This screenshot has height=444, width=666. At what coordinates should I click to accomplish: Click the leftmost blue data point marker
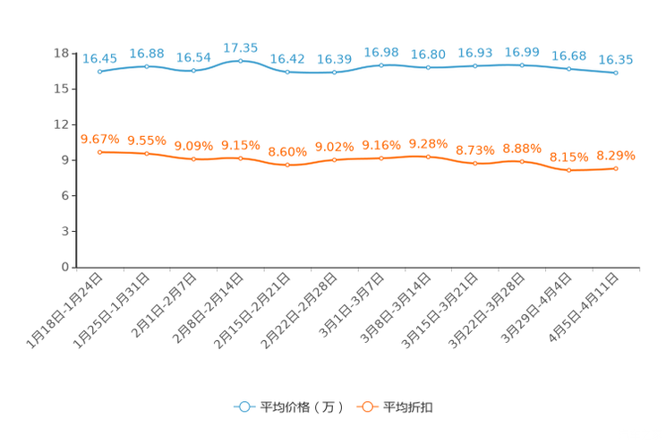click(x=99, y=72)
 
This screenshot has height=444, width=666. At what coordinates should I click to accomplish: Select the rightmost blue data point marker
click(x=616, y=73)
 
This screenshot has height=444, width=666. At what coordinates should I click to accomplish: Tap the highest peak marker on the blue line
click(x=240, y=60)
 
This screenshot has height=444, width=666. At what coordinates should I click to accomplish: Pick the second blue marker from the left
click(x=146, y=66)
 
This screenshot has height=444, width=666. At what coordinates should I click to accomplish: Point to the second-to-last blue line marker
click(x=568, y=68)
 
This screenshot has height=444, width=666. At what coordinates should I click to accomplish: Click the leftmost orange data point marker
click(x=99, y=152)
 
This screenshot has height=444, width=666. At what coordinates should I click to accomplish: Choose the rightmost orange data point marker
click(x=616, y=168)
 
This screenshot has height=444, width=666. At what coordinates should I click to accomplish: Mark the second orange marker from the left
click(x=146, y=154)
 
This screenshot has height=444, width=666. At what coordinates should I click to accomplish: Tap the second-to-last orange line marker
click(x=568, y=170)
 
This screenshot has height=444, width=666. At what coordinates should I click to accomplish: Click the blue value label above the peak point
click(x=240, y=47)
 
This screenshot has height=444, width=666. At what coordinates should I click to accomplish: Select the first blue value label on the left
click(x=99, y=58)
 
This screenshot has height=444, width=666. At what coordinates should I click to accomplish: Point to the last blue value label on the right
click(x=616, y=59)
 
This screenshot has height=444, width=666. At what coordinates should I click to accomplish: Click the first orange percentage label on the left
click(x=99, y=139)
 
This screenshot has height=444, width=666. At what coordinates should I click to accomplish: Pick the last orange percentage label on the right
click(x=616, y=155)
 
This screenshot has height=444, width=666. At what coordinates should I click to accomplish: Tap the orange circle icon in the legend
click(x=366, y=406)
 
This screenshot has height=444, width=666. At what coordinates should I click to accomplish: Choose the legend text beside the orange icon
click(x=408, y=407)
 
